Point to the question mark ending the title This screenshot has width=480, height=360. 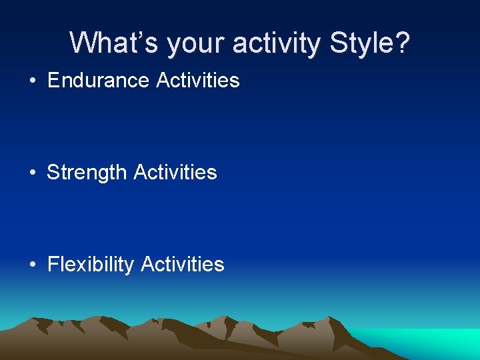403,43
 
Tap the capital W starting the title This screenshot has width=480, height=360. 81,43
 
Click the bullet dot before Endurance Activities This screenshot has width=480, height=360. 33,81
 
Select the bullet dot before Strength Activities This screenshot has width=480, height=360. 33,173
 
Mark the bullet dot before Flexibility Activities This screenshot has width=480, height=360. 33,265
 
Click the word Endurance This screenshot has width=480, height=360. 99,81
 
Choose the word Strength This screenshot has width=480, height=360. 87,173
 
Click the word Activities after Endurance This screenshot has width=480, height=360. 197,81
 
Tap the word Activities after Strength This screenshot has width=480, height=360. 175,173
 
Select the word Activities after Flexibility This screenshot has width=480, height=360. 183,265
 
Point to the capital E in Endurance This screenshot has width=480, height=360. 53,81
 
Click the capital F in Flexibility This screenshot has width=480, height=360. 53,265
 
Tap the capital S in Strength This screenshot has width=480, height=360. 53,173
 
